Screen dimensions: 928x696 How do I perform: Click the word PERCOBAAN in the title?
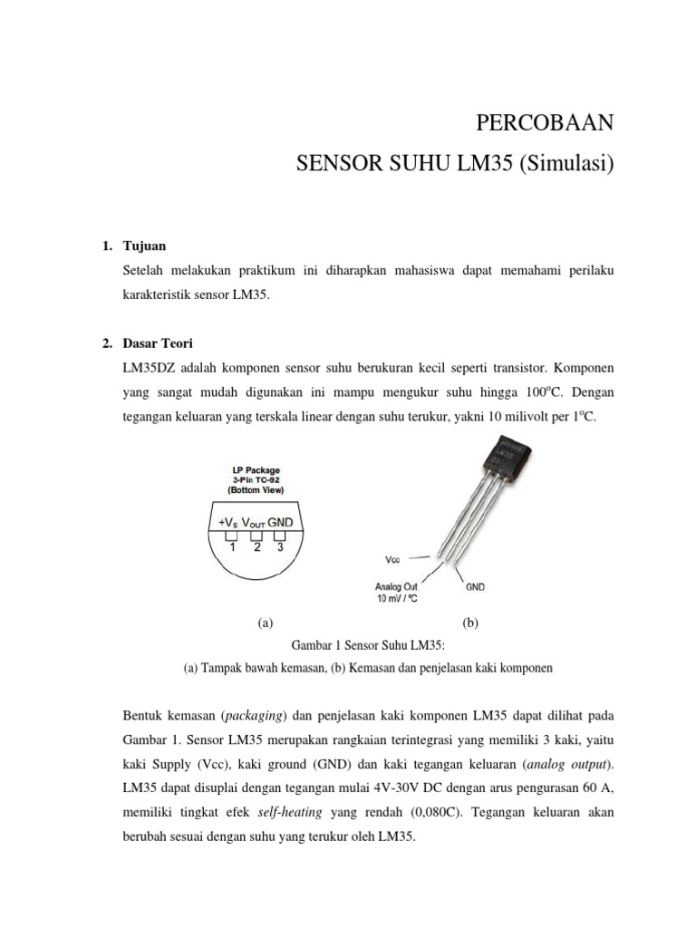[545, 122]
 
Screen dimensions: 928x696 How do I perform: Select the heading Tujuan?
[144, 246]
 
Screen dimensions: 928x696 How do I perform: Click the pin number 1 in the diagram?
[232, 547]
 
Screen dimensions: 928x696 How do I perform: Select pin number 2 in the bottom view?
[256, 547]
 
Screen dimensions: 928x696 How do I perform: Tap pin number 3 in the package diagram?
[281, 547]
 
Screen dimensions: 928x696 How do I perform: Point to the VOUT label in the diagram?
[256, 522]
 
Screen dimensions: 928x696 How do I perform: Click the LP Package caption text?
[256, 470]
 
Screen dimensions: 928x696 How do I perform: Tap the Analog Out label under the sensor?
[397, 586]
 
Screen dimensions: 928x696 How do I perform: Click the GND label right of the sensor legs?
[475, 586]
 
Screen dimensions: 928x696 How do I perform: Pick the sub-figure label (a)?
[265, 623]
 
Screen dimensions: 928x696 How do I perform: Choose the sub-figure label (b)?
[469, 623]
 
